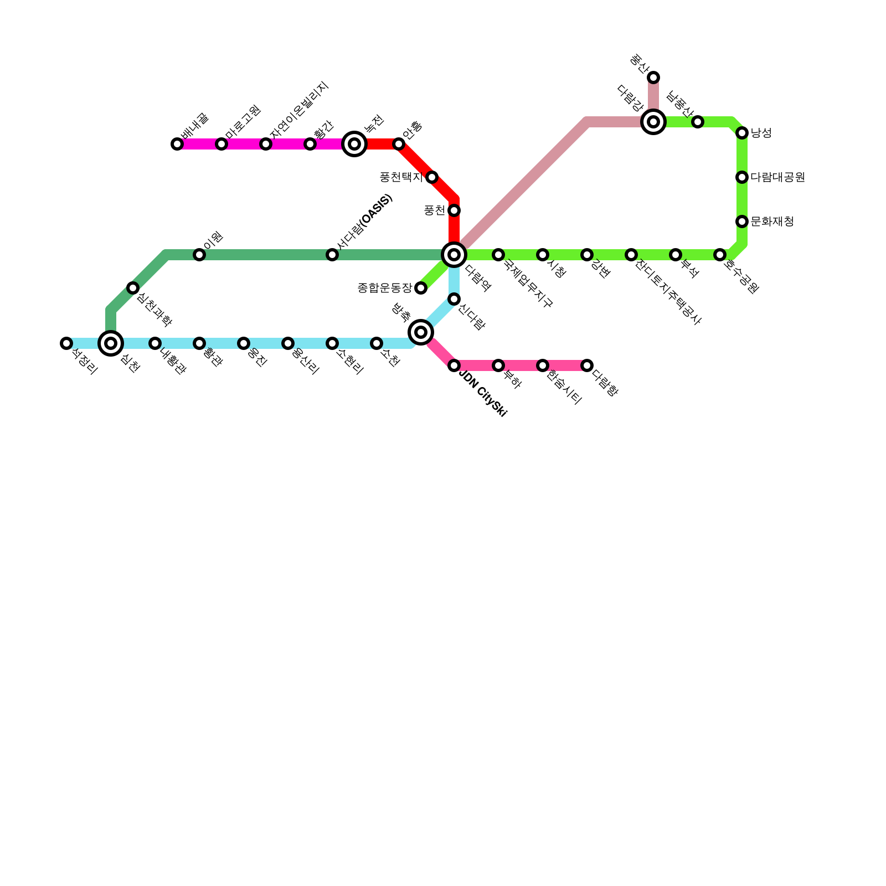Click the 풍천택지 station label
click(401, 177)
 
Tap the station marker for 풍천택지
click(432, 177)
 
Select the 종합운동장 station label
click(385, 288)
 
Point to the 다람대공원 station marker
click(742, 177)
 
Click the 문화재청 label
click(772, 221)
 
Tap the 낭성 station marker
click(742, 133)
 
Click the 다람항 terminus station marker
click(587, 365)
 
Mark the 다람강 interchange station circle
click(653, 122)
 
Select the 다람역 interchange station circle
click(454, 255)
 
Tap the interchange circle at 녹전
click(354, 144)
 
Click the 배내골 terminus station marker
click(177, 144)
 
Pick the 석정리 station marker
click(66, 343)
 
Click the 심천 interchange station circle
click(111, 343)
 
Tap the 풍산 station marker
click(653, 78)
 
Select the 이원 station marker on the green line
click(199, 255)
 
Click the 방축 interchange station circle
click(421, 332)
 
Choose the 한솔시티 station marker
click(543, 365)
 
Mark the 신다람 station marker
click(454, 299)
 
